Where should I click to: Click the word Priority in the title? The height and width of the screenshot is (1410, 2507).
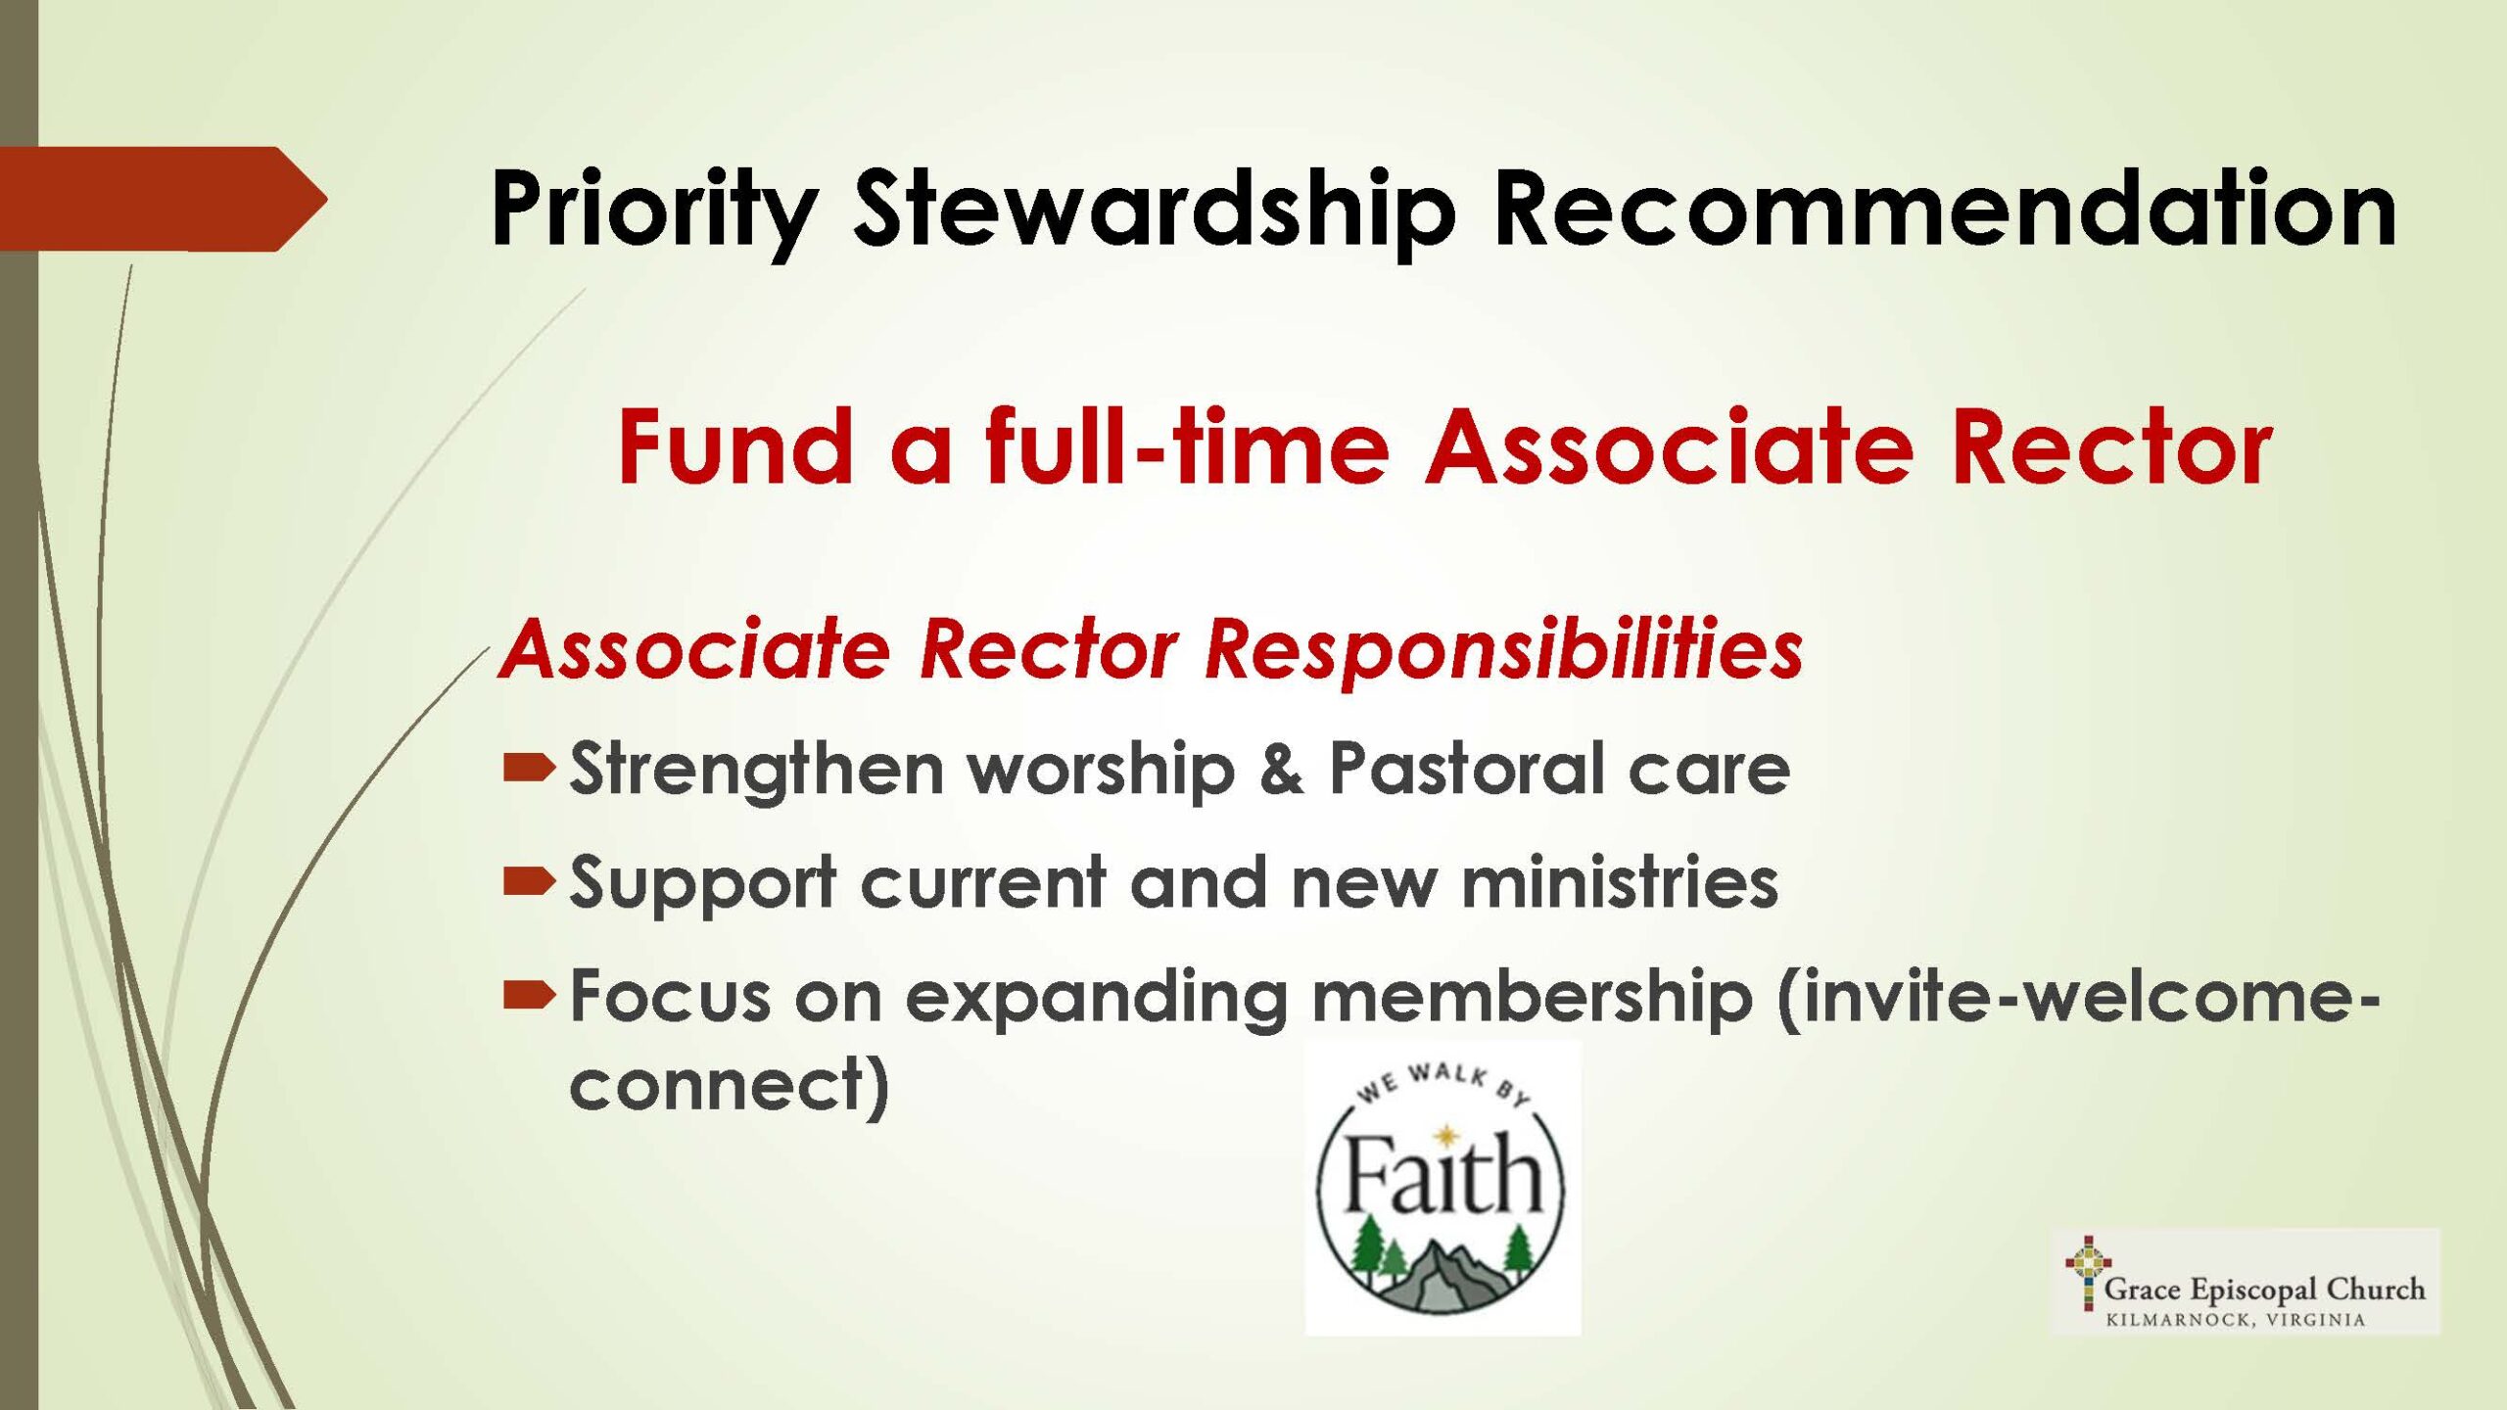[x=654, y=211]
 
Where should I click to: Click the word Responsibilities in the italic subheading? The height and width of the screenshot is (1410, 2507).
[x=1503, y=648]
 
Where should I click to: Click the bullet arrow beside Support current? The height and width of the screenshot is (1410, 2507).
[x=529, y=882]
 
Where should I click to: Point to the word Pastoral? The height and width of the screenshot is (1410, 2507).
[x=1465, y=768]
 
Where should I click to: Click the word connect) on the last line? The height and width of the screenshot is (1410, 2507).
[x=730, y=1085]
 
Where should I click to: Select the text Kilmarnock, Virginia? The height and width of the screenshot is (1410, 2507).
[x=2236, y=1320]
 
